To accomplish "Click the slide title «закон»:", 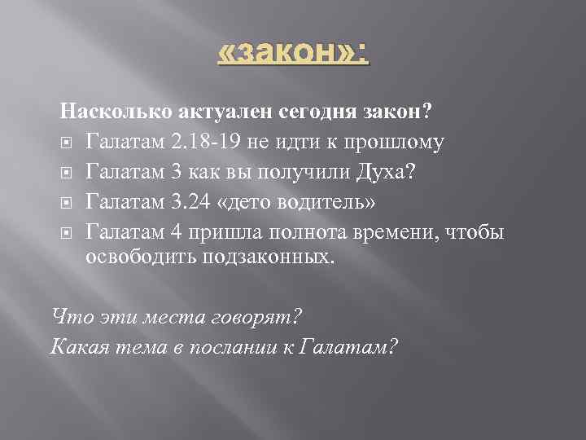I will (x=293, y=55).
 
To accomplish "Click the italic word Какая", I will (x=75, y=347).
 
